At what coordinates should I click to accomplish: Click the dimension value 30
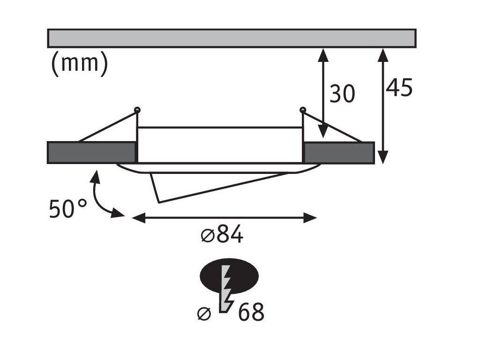[x=342, y=94]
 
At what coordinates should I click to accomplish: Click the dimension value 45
[x=400, y=88]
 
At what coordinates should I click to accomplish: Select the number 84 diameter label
[x=229, y=235]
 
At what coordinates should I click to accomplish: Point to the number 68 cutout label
[x=251, y=312]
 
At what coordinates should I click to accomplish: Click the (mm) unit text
[x=79, y=63]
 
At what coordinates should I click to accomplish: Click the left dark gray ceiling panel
[x=91, y=152]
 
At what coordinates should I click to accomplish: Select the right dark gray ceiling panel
[x=339, y=152]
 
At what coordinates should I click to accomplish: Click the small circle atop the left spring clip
[x=137, y=110]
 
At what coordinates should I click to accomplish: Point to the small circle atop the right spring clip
[x=303, y=110]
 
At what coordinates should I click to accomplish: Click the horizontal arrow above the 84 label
[x=225, y=217]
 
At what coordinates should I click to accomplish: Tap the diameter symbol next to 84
[x=207, y=236]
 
